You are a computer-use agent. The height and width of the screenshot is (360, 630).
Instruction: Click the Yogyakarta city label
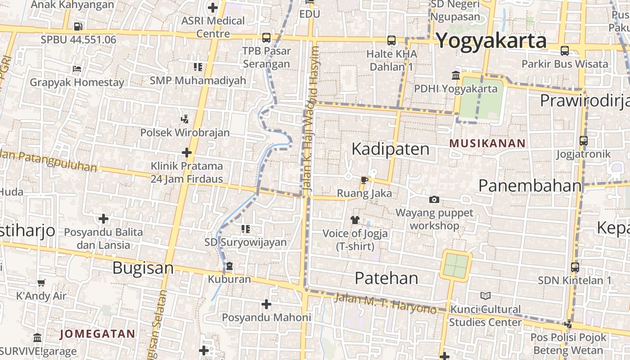pos(491,40)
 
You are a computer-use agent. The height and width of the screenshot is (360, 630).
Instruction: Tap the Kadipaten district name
pos(390,149)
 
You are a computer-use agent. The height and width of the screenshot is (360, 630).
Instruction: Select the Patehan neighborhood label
pos(386,278)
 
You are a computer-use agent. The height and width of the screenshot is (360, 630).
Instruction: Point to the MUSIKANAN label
pos(487,144)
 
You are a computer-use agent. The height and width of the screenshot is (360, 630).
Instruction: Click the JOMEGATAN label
pos(97,334)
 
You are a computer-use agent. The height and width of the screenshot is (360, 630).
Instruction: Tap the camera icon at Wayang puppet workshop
pos(434,199)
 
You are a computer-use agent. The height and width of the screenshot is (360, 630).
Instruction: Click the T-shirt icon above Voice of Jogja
pos(355,220)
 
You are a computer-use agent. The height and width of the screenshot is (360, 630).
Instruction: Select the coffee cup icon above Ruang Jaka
pos(364,180)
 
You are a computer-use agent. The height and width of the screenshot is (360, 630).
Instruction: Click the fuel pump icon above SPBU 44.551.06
pos(78,26)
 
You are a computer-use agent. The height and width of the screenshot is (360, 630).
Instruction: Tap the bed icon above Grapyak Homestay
pos(77,69)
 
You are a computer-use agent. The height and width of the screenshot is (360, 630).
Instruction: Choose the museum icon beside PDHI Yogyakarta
pos(456,75)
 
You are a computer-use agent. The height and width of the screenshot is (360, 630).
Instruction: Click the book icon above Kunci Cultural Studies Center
pos(485,296)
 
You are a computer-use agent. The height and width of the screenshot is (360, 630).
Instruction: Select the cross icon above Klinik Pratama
pos(187,153)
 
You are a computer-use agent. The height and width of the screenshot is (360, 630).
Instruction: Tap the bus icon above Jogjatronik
pos(583,141)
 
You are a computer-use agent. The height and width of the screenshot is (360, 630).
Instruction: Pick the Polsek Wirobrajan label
pos(185,133)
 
